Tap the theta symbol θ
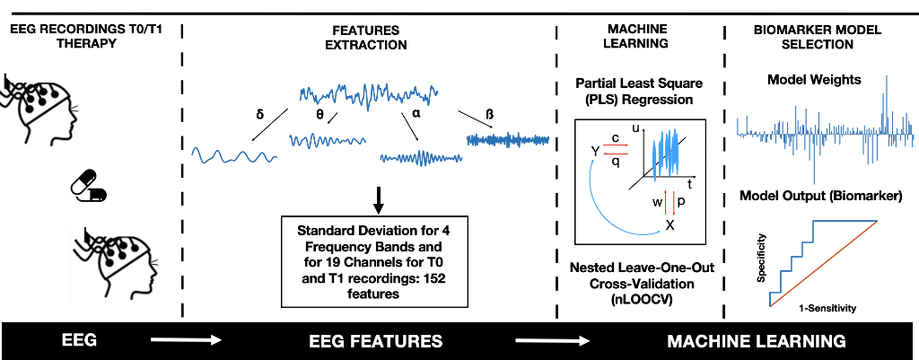(x=319, y=114)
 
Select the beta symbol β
(x=489, y=116)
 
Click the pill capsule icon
(x=88, y=189)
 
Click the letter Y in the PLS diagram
(x=593, y=151)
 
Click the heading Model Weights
(x=814, y=80)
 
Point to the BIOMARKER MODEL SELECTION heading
(x=816, y=37)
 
